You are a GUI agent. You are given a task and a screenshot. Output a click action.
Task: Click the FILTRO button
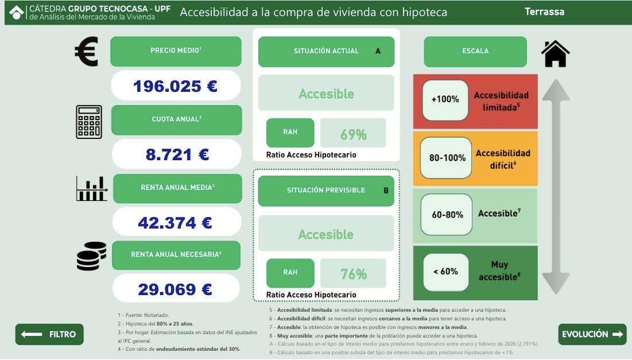pos(49,334)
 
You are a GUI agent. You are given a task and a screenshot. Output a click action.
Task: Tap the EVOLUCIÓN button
pos(592,334)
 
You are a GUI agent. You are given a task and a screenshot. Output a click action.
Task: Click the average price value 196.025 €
pos(176,86)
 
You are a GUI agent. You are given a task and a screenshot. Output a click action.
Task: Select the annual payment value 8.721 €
pos(177,154)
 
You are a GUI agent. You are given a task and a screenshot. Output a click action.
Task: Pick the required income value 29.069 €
pos(176,289)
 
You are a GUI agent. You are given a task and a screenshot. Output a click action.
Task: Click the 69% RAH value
pos(353,133)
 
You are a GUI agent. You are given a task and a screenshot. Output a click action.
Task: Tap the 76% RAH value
pos(353,274)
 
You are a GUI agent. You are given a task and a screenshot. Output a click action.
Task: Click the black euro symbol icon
pos(87,51)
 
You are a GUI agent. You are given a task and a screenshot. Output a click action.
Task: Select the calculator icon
pos(89,122)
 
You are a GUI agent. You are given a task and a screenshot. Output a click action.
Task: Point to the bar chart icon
pos(92,189)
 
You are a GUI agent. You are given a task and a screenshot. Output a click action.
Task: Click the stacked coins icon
pos(91,256)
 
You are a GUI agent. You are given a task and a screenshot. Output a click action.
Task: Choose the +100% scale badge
pos(445,99)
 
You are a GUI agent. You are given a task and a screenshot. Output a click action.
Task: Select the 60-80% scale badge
pos(447,215)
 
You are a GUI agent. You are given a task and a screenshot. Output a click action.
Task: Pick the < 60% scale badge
pos(446,272)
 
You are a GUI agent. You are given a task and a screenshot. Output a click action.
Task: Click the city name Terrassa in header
pos(545,11)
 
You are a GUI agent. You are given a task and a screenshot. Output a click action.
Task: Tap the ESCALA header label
pos(475,51)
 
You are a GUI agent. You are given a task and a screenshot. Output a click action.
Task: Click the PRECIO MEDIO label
pos(176,51)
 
